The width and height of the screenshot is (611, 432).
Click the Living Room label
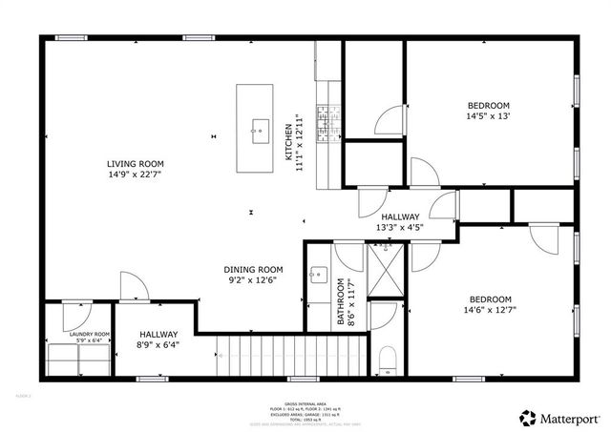coord(135,164)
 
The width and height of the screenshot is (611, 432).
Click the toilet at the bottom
coord(386,359)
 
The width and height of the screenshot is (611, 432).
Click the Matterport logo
coord(560,418)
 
